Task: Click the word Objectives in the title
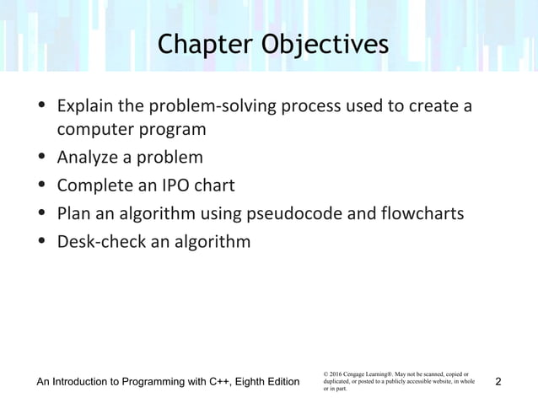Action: (323, 46)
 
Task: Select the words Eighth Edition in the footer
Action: (271, 383)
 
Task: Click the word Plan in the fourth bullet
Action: (73, 213)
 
